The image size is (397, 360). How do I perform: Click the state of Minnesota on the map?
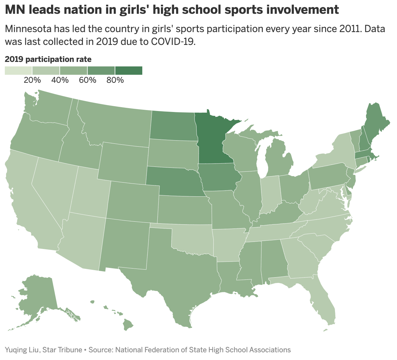212,141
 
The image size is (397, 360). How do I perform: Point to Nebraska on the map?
173,181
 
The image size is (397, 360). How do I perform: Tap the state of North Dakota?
173,125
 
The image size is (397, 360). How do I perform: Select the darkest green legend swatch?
128,71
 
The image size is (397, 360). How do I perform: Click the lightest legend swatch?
18,71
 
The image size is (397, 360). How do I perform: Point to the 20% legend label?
32,80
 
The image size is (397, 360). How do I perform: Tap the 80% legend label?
115,80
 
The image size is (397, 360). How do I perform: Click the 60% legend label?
87,80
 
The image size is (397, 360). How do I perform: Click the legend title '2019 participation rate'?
48,59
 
